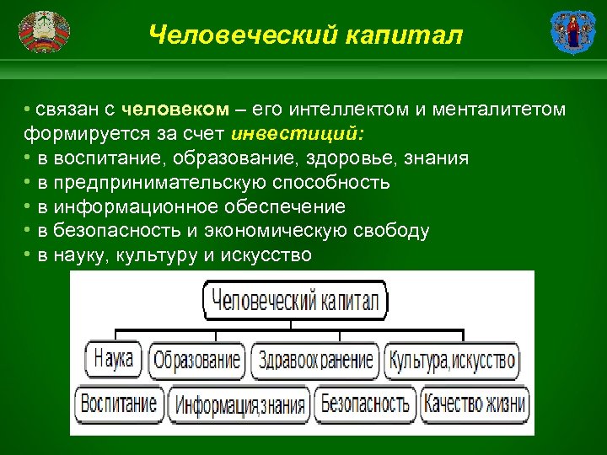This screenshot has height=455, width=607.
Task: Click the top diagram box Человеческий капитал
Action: coord(294,300)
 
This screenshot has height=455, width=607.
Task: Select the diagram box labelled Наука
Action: coord(114,360)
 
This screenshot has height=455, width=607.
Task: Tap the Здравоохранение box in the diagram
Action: coord(316,361)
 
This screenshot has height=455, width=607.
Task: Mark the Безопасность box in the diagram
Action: coord(365,403)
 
